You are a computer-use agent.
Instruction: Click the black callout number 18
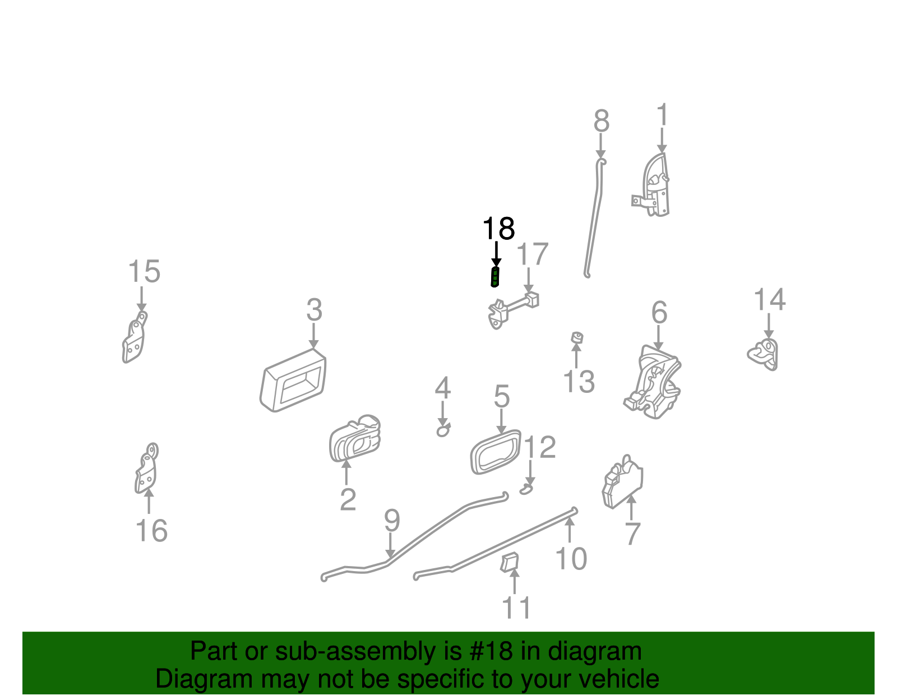click(x=498, y=229)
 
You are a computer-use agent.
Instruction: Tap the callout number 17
click(x=532, y=254)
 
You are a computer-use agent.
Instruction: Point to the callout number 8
click(x=602, y=121)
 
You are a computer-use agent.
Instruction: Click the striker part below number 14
click(x=765, y=354)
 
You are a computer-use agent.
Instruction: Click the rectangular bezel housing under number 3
click(x=293, y=381)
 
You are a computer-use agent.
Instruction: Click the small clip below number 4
click(x=443, y=431)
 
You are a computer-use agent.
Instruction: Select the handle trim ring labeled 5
click(x=496, y=451)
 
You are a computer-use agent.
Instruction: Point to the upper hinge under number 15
click(x=135, y=339)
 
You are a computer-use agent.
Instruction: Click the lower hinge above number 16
click(x=146, y=469)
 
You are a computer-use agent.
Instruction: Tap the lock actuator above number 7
click(x=622, y=481)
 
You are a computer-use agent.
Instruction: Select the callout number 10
click(x=571, y=558)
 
